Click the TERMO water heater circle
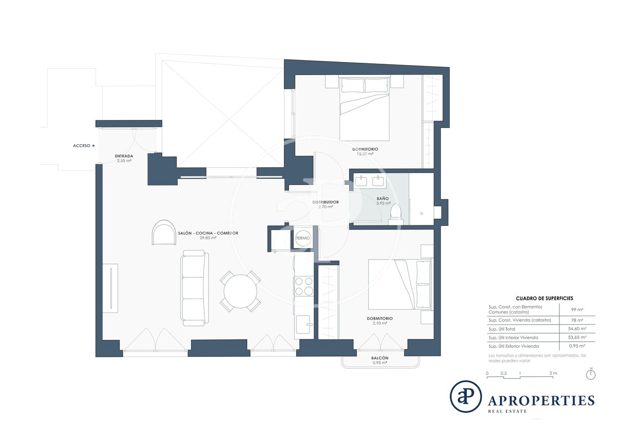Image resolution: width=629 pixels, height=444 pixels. click(303, 238)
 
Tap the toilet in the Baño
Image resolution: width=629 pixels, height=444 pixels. click(396, 214)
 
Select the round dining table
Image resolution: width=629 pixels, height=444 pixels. click(240, 291)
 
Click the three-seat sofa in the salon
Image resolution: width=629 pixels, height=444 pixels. click(194, 288)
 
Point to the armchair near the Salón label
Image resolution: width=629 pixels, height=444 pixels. click(164, 233)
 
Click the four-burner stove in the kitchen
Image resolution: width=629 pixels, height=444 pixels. click(304, 286)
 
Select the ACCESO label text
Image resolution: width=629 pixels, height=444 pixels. click(81, 145)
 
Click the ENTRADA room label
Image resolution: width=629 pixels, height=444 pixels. click(124, 156)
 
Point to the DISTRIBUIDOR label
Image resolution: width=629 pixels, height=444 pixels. click(325, 202)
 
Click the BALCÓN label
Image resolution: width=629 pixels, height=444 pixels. click(380, 358)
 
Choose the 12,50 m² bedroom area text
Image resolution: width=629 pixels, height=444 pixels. click(365, 154)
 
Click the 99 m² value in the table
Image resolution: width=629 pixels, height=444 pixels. click(577, 310)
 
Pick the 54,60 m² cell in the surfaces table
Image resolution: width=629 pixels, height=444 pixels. click(577, 329)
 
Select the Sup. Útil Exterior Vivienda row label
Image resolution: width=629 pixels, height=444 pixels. click(513, 346)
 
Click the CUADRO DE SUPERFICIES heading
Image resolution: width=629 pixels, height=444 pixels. click(545, 299)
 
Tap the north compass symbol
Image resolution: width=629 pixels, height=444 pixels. click(591, 375)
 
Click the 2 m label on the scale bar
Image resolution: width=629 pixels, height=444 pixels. click(553, 373)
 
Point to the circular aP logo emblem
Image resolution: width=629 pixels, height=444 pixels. click(466, 396)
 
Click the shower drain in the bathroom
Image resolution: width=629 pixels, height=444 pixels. click(421, 214)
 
